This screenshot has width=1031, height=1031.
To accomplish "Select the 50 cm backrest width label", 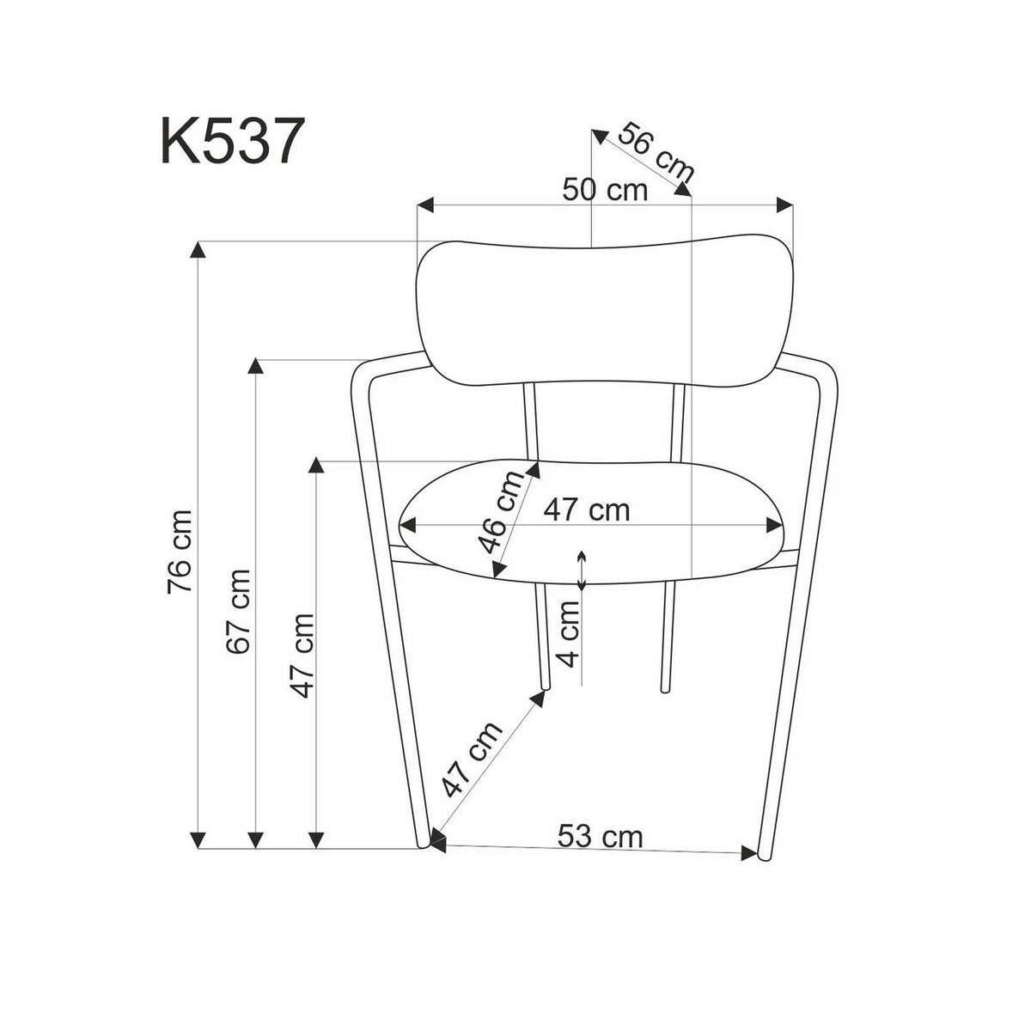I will pos(605,189).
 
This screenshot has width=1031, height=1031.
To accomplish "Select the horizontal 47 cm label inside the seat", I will pos(587,510).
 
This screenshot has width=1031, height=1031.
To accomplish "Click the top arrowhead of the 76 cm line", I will pos(198,250).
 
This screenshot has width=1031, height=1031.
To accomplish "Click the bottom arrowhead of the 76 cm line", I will pos(198,839).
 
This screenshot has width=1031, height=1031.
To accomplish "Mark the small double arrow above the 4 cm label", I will pos(583,570).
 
